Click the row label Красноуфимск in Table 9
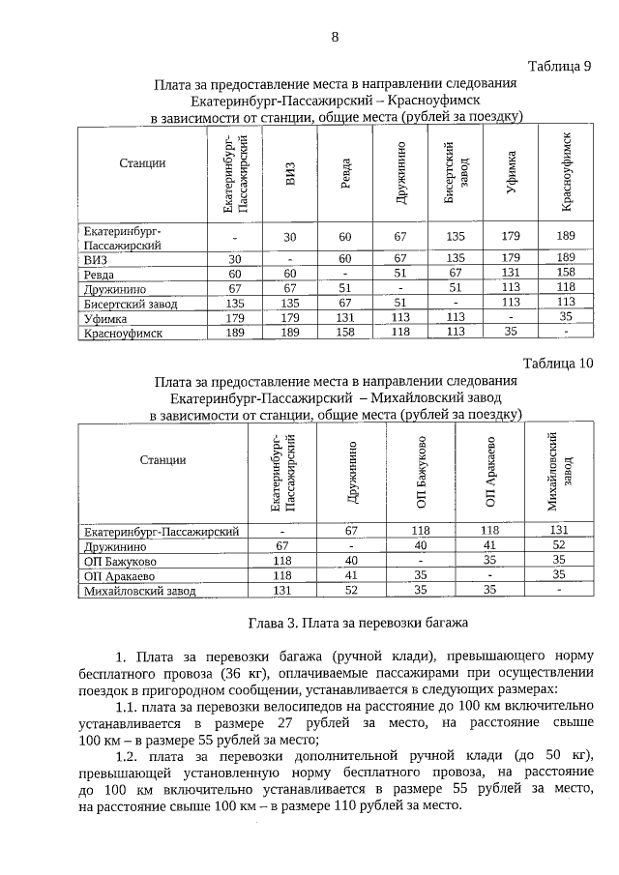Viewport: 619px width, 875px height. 121,333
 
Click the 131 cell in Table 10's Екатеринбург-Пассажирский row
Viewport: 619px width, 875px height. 559,530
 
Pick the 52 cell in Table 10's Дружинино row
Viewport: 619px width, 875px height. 559,545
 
